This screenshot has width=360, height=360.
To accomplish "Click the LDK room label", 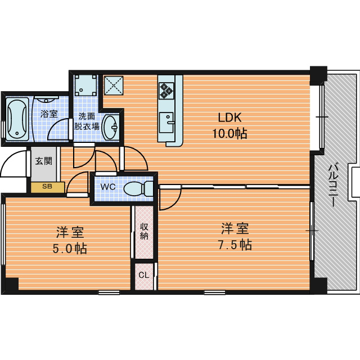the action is [229, 118].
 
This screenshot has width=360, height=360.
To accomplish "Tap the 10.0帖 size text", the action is [229, 134].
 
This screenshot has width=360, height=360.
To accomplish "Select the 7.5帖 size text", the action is [235, 245].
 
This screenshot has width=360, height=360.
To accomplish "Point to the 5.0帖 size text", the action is [70, 249].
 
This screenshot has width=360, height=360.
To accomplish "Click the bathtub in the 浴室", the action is [17, 119].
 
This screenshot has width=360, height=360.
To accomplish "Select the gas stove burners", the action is [166, 91].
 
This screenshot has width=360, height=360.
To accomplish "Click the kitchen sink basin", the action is [167, 123].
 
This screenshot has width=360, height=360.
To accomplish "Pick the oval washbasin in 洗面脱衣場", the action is [110, 127].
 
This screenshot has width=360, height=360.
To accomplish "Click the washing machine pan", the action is [85, 85].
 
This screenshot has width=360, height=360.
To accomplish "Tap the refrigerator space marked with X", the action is [114, 85].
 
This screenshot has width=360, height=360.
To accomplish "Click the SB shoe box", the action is [48, 187].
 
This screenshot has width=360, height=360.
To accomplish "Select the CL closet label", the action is [144, 275].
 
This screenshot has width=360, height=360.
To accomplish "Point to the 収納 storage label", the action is [144, 231].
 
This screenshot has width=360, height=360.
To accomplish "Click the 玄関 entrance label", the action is [44, 161].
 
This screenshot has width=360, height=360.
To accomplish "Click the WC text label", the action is [108, 187].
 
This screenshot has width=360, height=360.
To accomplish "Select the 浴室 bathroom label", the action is [49, 114].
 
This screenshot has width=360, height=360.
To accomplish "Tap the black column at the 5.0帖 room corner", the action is [11, 284].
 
